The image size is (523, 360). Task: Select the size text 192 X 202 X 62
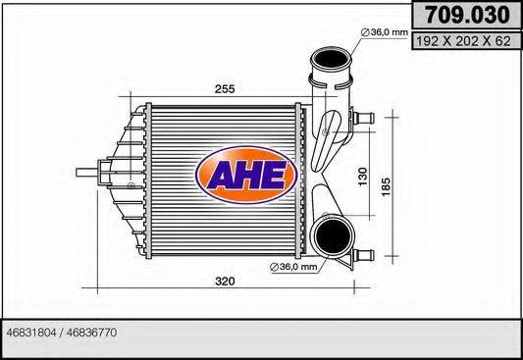[x=463, y=41]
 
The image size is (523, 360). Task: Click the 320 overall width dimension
[x=224, y=283]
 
